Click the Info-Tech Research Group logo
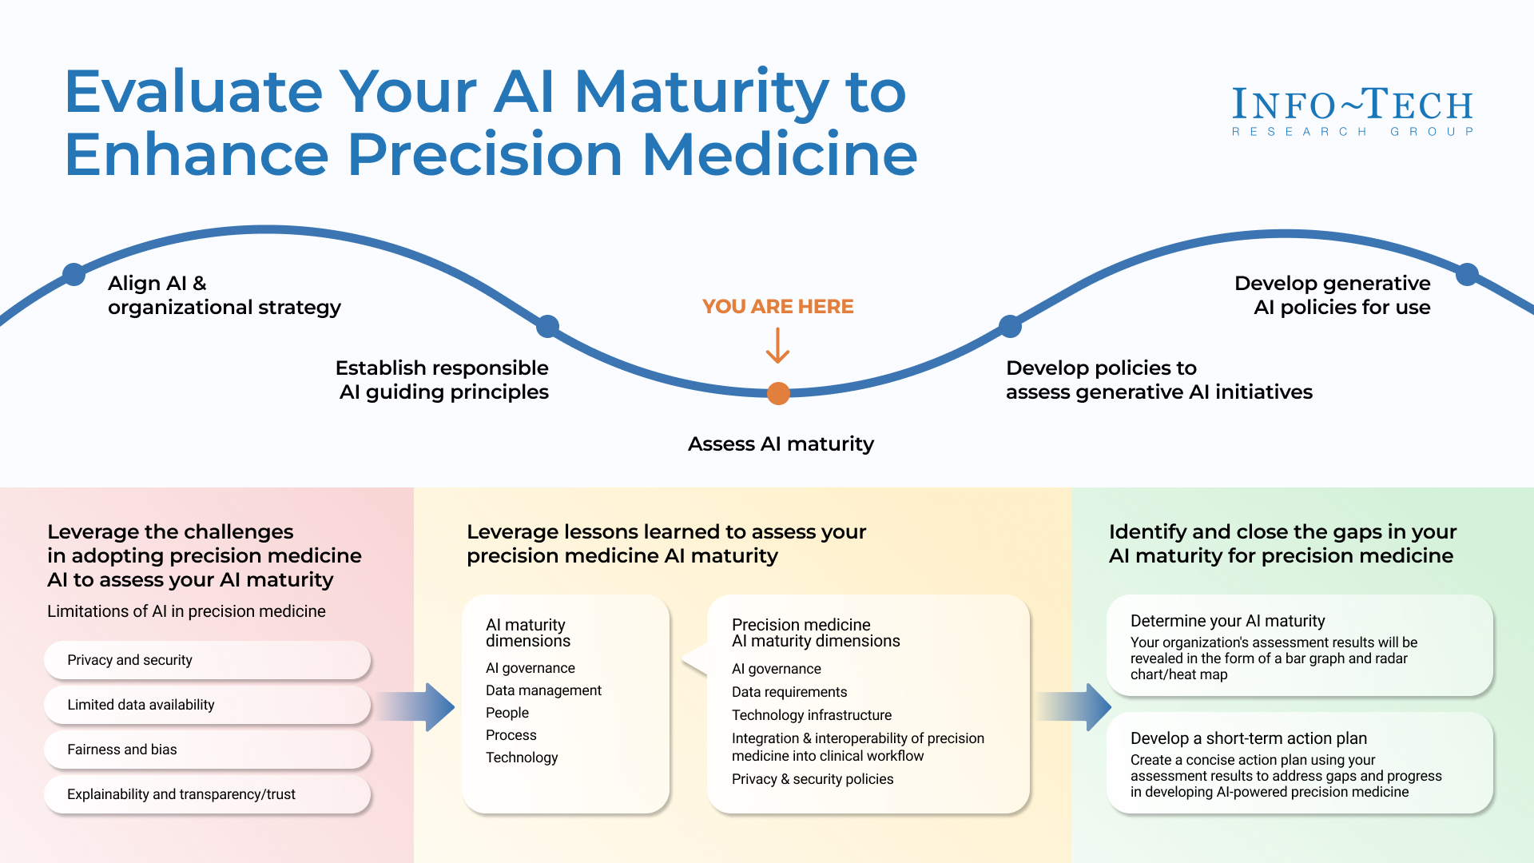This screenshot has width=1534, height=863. [1352, 111]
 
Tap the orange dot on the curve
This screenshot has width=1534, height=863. [778, 393]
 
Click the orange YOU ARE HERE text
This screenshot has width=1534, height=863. [777, 307]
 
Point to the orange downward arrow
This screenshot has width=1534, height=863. [777, 346]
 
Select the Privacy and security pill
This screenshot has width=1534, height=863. [207, 660]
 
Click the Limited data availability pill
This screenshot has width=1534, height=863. [207, 705]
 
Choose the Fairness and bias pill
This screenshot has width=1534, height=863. [207, 750]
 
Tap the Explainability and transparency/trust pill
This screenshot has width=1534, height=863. [207, 794]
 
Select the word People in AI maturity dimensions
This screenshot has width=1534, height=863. [507, 713]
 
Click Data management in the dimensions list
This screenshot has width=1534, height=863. [543, 690]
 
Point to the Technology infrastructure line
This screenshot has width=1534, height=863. [811, 715]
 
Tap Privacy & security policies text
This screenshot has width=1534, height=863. [812, 779]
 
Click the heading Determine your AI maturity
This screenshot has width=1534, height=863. [1227, 621]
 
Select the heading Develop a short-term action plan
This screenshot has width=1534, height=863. [1248, 738]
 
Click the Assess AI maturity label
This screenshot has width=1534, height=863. [781, 444]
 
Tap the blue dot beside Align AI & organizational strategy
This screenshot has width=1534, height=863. [74, 274]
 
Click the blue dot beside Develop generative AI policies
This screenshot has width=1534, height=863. [1467, 274]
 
